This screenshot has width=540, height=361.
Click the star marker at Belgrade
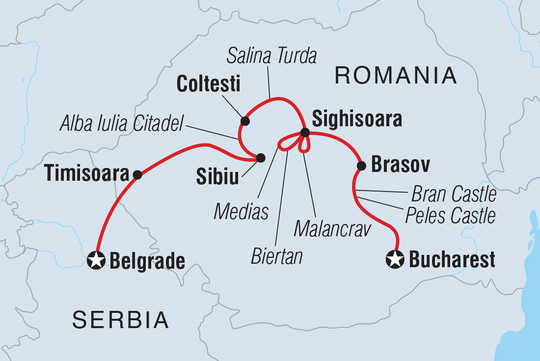pos(96,260)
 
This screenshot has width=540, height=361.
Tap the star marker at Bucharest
pos(396,259)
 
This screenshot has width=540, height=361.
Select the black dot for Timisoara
pos(137,174)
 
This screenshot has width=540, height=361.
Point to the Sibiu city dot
pos(261,158)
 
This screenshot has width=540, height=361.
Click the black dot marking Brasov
pos(361,166)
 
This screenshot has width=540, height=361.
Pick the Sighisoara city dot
pos(305,132)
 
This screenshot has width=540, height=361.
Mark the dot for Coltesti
pos(244,121)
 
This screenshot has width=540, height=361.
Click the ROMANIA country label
pos(395,76)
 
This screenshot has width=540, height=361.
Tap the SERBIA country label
pos(121,320)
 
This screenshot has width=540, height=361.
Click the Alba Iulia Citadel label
pos(121,124)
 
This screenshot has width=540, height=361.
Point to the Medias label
pos(241,212)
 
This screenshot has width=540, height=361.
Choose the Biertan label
pos(277,256)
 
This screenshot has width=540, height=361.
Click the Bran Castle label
pos(454,195)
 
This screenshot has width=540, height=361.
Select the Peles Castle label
pos(450,215)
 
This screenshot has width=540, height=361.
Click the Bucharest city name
pos(452,260)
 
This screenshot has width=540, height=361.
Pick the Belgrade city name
pos(147,261)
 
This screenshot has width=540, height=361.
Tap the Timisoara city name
pos(87,173)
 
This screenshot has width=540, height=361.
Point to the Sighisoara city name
pos(357,119)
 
